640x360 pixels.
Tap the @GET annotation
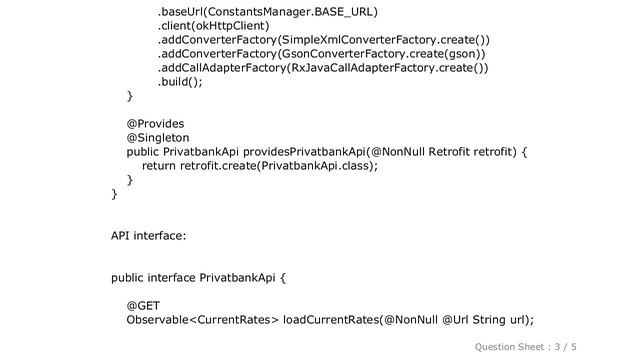[144, 305]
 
